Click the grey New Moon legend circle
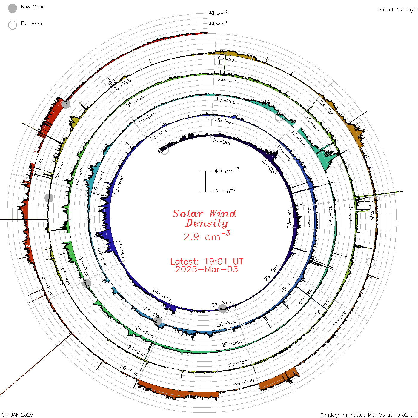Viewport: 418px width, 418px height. [12, 8]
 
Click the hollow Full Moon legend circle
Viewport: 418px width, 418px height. [12, 25]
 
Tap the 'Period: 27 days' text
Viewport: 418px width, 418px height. [397, 10]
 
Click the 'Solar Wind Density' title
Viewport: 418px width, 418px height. [204, 219]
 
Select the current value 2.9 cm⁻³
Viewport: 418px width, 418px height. [207, 236]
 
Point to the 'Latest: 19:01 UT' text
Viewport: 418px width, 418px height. [207, 261]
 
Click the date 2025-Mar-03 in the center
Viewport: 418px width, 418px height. [207, 269]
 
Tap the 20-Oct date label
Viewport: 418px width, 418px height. [221, 141]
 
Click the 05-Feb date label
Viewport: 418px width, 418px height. [228, 59]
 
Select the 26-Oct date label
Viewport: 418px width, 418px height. [289, 219]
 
